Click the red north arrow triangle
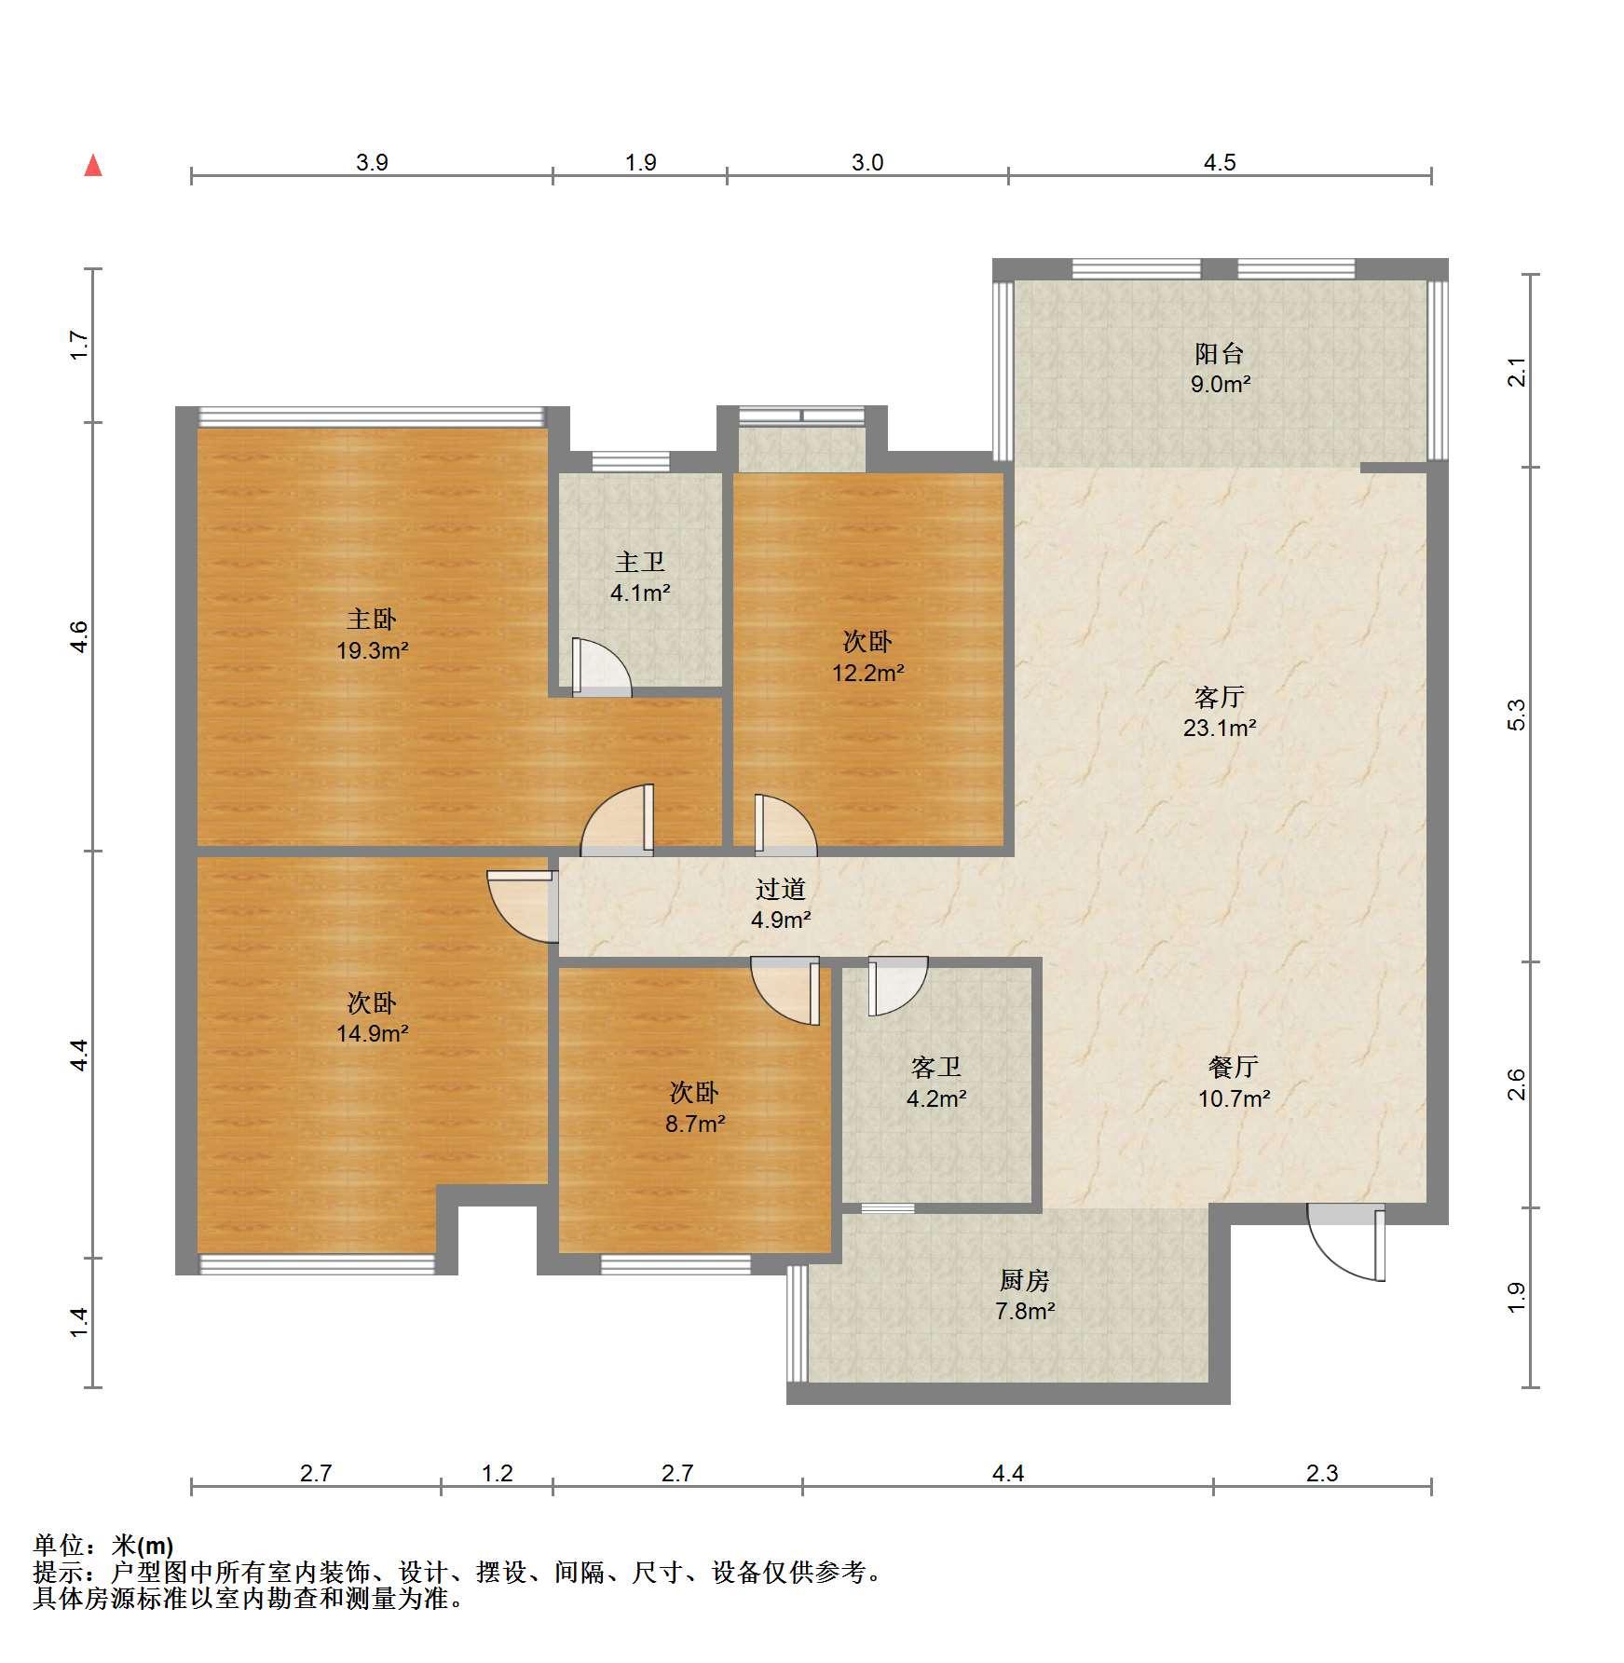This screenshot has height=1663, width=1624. coord(93,166)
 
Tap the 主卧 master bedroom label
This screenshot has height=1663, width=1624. coord(372,619)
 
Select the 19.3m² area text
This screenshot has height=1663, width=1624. coord(373,650)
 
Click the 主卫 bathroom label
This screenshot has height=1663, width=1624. coord(640,562)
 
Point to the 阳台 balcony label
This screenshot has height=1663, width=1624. coord(1220,353)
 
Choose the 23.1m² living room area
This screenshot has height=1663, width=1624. coord(1220,728)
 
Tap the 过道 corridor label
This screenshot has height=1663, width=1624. coord(781,889)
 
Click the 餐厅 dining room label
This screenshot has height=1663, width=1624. coord(1234,1067)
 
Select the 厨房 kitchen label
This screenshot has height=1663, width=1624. coord(1025,1280)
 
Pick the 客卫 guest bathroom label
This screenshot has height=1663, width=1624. coord(936,1067)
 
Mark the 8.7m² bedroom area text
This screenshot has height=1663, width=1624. coord(695,1124)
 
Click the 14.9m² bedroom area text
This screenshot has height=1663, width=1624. coord(373,1032)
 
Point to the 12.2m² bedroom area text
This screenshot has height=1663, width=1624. coord(868,672)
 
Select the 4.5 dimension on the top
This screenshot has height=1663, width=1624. coord(1219,163)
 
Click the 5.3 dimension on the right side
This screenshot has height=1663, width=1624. coord(1517,714)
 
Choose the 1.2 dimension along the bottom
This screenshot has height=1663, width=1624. coord(498,1473)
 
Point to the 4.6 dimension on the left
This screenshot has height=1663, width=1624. coord(79,636)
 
